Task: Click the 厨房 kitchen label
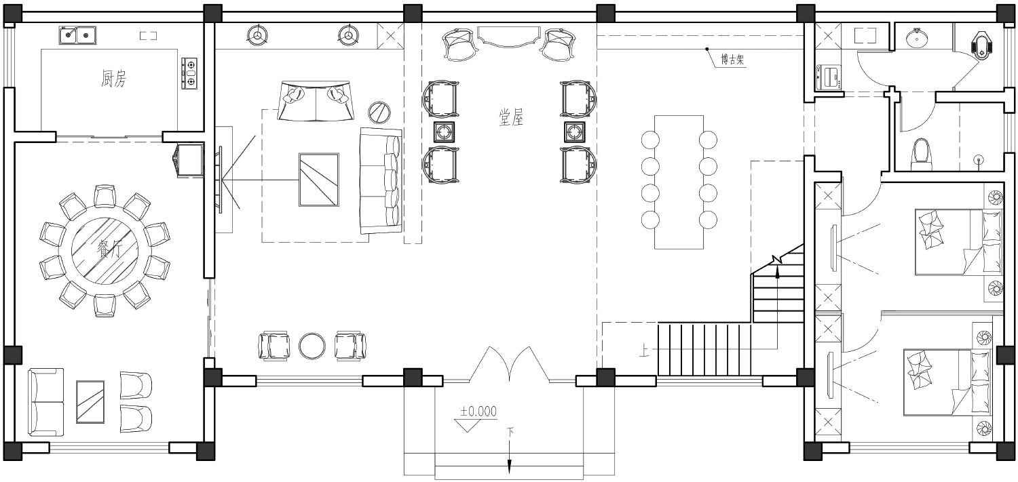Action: pos(113,79)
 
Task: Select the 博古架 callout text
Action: pos(732,60)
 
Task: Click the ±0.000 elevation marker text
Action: pos(478,411)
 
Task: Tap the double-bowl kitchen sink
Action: pos(77,35)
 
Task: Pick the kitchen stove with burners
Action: pos(189,73)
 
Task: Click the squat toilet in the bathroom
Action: pos(981,45)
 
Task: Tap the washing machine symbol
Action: pos(829,77)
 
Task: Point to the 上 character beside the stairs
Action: pos(644,350)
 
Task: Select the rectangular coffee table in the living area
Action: pos(319,180)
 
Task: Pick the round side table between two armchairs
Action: pos(312,346)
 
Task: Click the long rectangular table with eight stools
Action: pos(679,182)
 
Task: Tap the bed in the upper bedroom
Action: pos(958,242)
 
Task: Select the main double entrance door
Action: pos(510,364)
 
